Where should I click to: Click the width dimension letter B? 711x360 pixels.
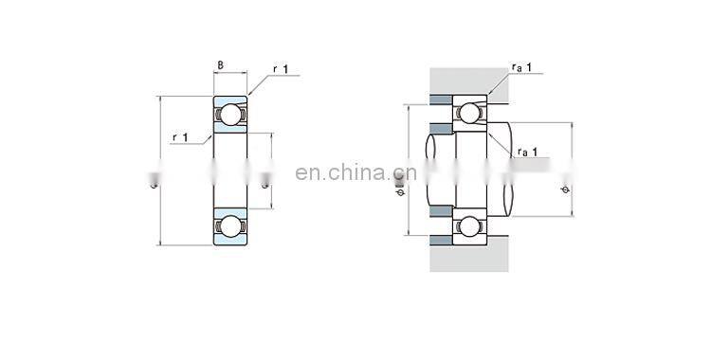click(220, 65)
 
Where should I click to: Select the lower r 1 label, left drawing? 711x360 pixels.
click(180, 137)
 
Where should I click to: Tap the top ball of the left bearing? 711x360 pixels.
click(229, 115)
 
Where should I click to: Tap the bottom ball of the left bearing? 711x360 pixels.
click(229, 225)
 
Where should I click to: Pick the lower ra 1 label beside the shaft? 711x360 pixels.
click(528, 152)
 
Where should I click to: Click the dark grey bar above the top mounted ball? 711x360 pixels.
click(440, 99)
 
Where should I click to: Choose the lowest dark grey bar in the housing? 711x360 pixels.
click(440, 241)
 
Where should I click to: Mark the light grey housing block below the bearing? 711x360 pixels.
click(469, 258)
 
